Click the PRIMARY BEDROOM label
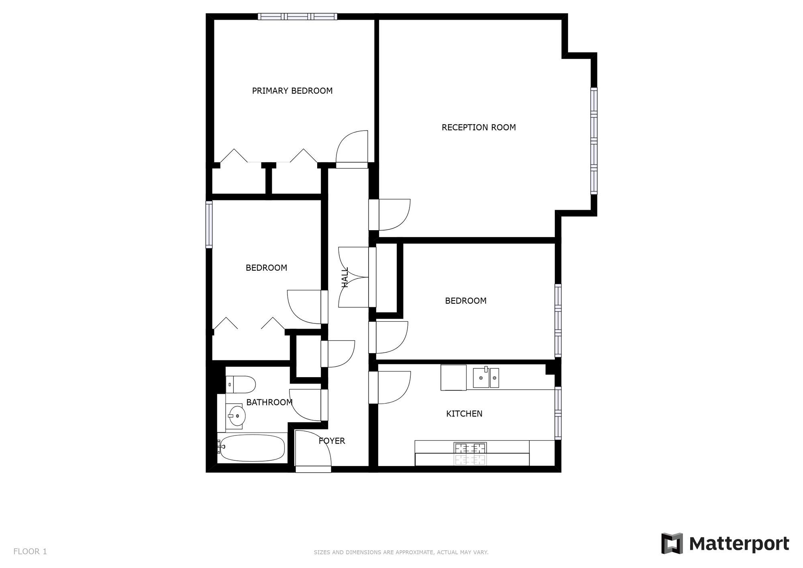click(292, 91)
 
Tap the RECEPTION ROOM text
click(479, 127)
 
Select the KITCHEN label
click(464, 414)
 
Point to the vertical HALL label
click(345, 277)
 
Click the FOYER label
click(332, 441)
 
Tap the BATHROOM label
click(269, 402)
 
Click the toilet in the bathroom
click(240, 384)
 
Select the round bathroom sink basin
click(236, 415)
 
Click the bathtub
click(252, 448)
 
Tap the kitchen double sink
click(485, 378)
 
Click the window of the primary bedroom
click(297, 16)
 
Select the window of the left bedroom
click(209, 224)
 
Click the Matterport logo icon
click(672, 543)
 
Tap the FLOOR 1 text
click(30, 552)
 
